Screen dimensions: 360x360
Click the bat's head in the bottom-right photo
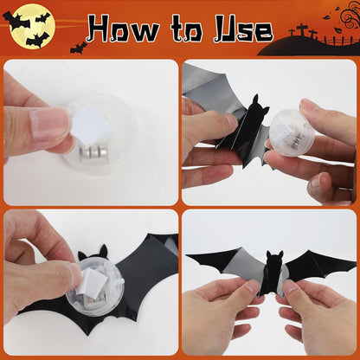274,260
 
